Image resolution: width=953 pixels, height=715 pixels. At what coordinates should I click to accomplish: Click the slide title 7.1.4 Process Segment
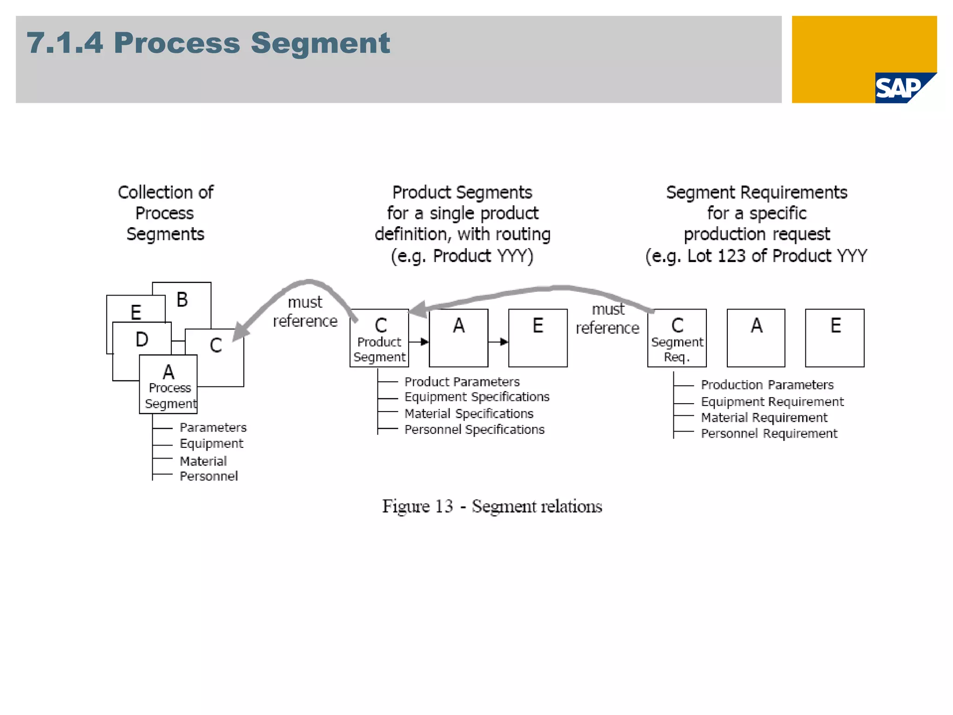click(x=208, y=43)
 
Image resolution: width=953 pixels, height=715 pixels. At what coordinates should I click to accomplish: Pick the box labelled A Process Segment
click(x=168, y=384)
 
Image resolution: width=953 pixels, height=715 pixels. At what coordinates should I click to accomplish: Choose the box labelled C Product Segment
click(x=379, y=338)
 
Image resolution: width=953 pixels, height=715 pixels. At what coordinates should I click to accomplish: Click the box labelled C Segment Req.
click(x=677, y=338)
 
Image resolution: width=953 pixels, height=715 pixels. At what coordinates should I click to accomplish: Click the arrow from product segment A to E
click(x=498, y=342)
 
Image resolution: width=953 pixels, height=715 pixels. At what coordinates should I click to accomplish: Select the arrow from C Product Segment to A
click(x=419, y=342)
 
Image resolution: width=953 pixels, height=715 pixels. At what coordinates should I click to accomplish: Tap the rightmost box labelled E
click(x=835, y=338)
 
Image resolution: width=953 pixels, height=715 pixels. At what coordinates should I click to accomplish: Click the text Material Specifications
click(x=469, y=413)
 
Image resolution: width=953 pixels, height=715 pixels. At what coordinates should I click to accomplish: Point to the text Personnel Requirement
click(x=769, y=433)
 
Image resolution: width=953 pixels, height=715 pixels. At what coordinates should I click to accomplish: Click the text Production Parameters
click(x=767, y=385)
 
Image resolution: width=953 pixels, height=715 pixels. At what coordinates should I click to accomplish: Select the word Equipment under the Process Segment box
click(x=211, y=444)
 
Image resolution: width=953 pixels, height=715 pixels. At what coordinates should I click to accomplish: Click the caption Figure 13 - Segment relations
click(x=492, y=506)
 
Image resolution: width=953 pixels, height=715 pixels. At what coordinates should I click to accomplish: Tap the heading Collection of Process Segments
click(x=165, y=213)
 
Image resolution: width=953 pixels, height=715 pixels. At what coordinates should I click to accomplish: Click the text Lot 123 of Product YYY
click(x=777, y=256)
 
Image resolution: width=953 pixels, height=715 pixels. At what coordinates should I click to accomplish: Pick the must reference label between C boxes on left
click(x=305, y=311)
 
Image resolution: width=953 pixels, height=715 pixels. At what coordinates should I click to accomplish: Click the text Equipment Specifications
click(x=476, y=397)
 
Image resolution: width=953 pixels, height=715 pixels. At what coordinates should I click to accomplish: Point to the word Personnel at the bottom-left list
click(x=208, y=476)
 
